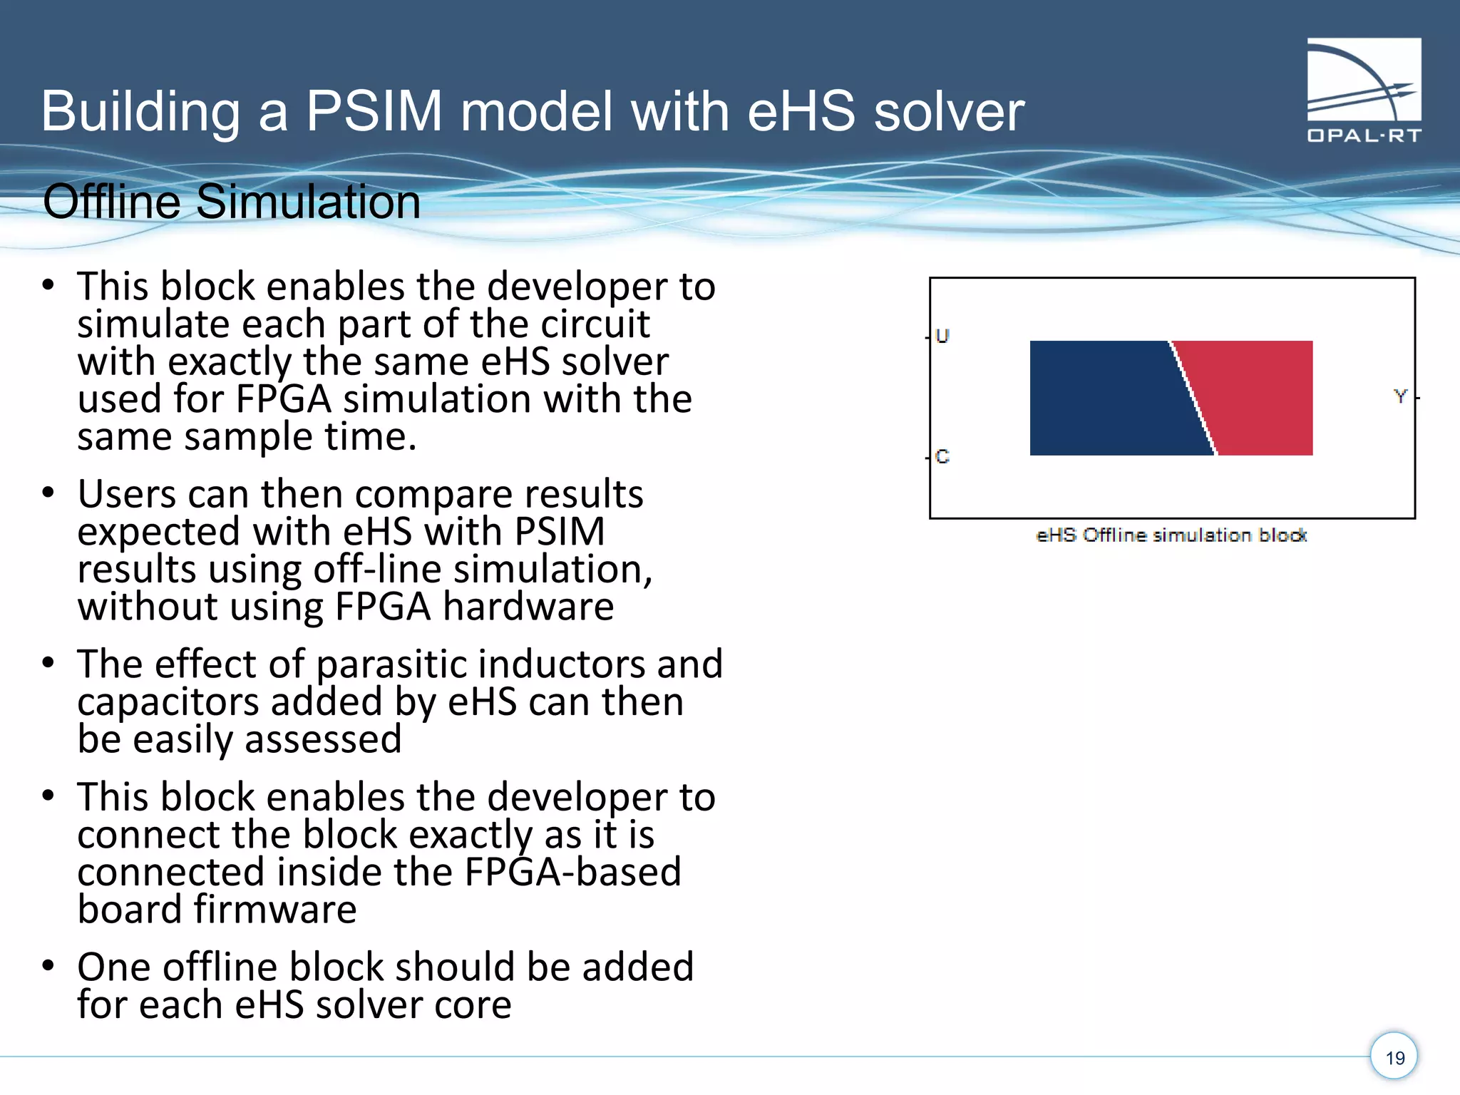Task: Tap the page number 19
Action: (1394, 1057)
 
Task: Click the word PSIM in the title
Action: (374, 112)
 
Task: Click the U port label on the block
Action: (942, 336)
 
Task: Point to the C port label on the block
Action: (942, 456)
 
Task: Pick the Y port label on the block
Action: (1400, 396)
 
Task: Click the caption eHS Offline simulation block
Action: (1171, 535)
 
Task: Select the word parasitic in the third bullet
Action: (392, 664)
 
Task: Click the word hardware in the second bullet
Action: (528, 607)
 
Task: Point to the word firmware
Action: (274, 910)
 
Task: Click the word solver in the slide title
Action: (949, 112)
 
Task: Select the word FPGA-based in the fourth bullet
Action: (572, 872)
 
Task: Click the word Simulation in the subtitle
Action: (308, 202)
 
